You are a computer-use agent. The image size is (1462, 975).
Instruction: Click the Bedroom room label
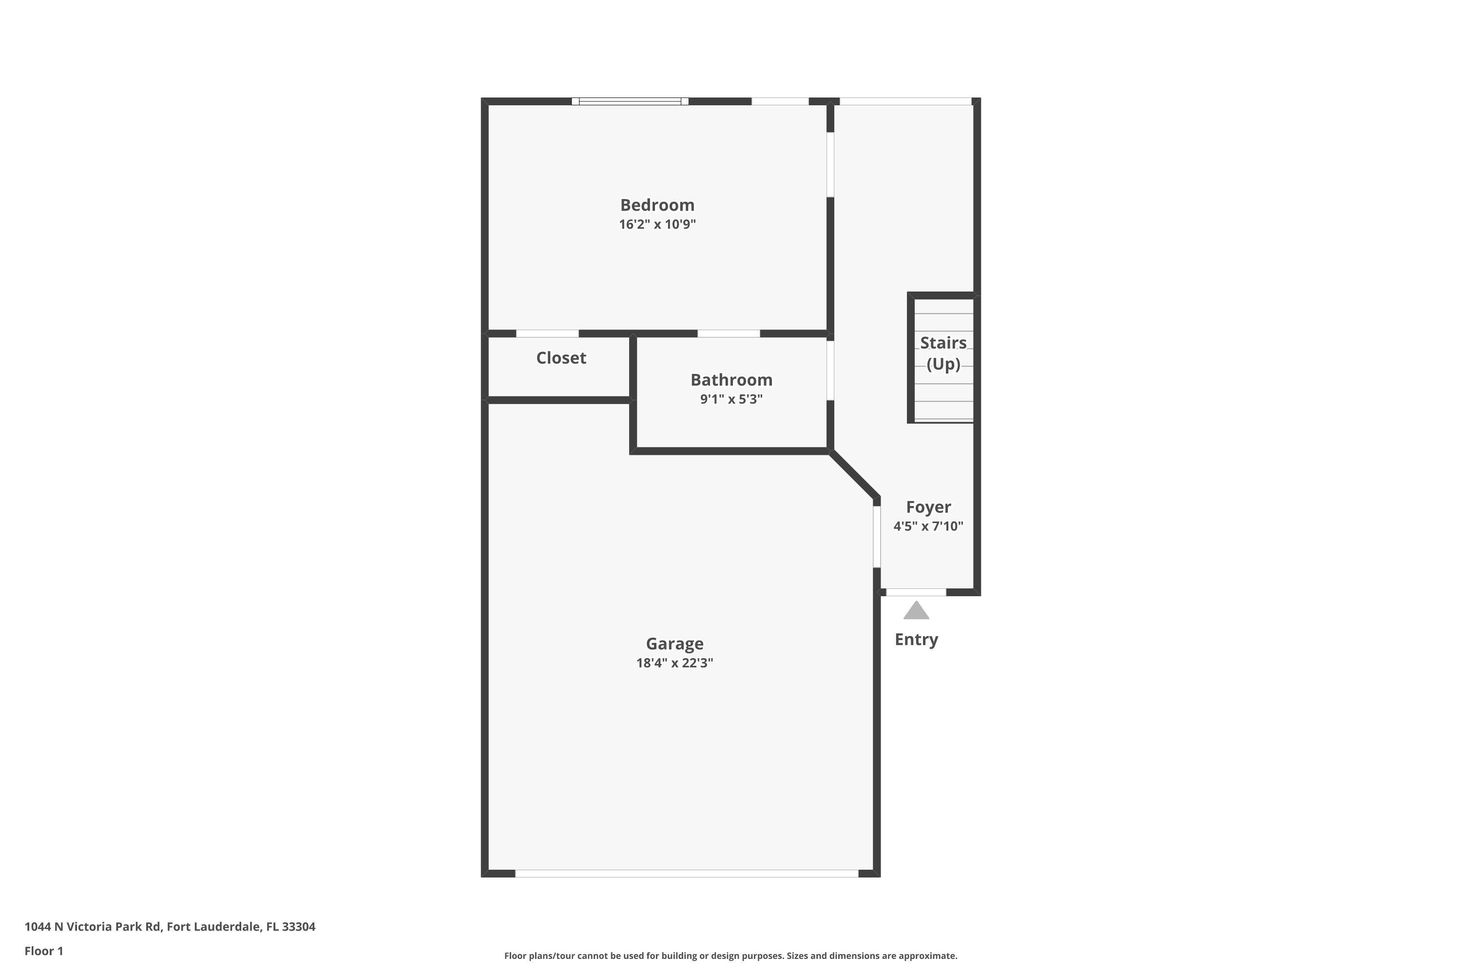coord(657,205)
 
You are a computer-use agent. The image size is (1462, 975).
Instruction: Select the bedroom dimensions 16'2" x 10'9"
coord(657,224)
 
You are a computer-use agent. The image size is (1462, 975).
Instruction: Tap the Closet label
coord(561,358)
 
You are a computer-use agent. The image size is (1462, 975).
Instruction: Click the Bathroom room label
coord(731,380)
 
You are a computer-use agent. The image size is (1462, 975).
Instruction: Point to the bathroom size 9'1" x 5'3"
coord(731,399)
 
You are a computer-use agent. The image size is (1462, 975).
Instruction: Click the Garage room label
coord(674,643)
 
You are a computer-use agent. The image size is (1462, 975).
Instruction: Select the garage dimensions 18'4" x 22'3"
coord(674,663)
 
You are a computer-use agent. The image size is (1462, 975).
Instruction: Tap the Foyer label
coord(928,507)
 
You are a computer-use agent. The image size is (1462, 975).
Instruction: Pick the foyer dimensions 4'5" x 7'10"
coord(928,526)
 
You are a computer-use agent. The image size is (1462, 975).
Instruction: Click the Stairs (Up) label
coord(943,353)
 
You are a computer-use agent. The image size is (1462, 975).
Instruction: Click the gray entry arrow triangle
coord(916,612)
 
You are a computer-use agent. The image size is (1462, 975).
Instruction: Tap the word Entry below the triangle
coord(916,640)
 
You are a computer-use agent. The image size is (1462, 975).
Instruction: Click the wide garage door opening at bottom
coord(686,874)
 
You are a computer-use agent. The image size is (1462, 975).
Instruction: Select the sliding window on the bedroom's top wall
coord(630,101)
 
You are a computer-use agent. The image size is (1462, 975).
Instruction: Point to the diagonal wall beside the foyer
coord(854,474)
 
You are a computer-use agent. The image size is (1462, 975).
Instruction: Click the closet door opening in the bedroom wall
coord(547,334)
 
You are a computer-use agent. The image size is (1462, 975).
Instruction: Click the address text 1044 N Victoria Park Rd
coord(170,927)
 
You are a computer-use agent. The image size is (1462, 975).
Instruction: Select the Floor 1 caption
coord(43,951)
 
